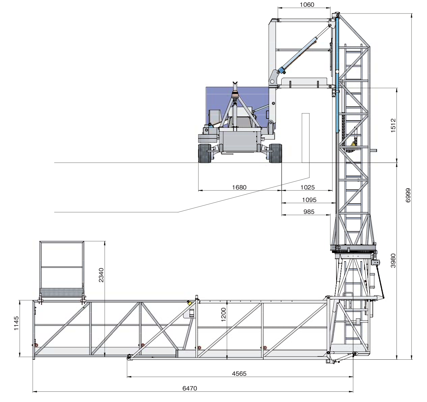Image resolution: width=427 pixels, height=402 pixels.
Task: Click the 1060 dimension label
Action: pos(307,4)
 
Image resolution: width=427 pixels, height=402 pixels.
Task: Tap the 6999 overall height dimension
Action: pos(408,195)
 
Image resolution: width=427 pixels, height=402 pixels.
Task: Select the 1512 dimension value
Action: pos(393,125)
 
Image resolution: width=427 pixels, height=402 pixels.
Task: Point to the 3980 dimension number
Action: pos(393,261)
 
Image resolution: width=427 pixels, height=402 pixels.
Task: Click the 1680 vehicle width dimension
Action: pos(239,187)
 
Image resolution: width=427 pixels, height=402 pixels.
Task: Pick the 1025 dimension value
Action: pos(308,187)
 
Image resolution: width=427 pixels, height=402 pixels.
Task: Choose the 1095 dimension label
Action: pos(309,200)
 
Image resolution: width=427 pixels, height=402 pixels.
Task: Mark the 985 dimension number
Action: pos(309,212)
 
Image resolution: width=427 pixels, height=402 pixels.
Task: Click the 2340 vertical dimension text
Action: pos(101,275)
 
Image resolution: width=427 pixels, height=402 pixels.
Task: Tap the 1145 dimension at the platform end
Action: pos(16,323)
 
